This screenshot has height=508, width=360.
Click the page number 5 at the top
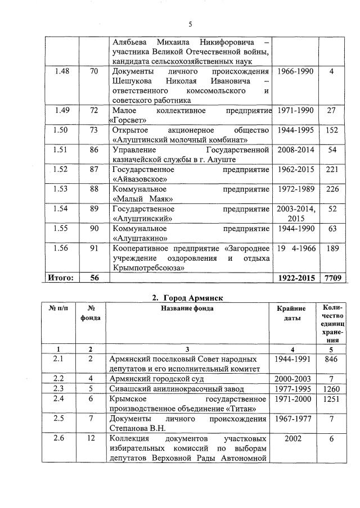pyautogui.click(x=190, y=24)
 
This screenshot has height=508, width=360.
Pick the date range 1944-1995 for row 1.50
pyautogui.click(x=295, y=130)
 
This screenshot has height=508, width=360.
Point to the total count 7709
pyautogui.click(x=331, y=278)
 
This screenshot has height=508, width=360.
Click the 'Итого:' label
pyautogui.click(x=58, y=278)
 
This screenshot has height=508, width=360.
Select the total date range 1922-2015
pyautogui.click(x=295, y=278)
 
